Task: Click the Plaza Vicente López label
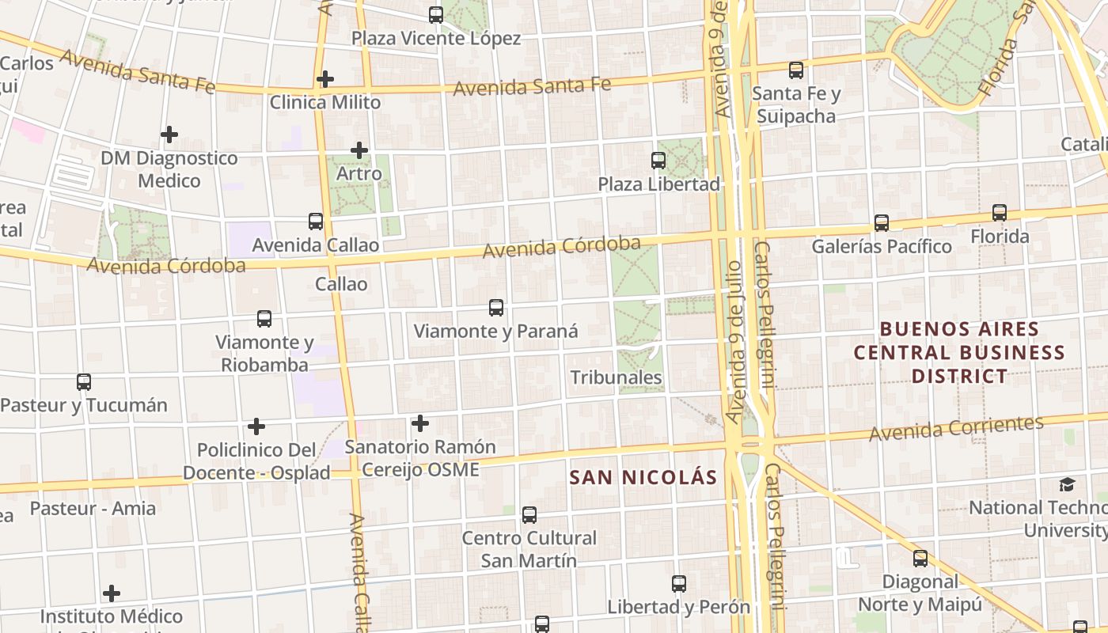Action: click(x=436, y=38)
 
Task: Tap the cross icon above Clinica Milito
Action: click(x=324, y=79)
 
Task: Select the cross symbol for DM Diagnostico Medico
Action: click(x=169, y=135)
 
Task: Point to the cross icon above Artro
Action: click(x=359, y=150)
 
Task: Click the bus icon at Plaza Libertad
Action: click(x=658, y=161)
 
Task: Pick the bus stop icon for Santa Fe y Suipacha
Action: click(x=796, y=70)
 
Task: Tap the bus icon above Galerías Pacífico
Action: click(x=882, y=223)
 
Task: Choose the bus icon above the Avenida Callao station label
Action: click(x=316, y=222)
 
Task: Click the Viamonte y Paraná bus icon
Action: click(x=496, y=308)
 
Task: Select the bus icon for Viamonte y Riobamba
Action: click(x=264, y=319)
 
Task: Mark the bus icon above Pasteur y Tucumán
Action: click(x=84, y=382)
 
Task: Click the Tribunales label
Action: click(x=617, y=377)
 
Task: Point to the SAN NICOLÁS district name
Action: click(x=643, y=477)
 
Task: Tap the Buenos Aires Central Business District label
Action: click(x=959, y=352)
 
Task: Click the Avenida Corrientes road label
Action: click(x=956, y=428)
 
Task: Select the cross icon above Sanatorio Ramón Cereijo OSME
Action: click(x=420, y=423)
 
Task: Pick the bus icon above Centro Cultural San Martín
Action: click(x=529, y=515)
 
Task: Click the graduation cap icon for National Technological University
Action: click(x=1068, y=484)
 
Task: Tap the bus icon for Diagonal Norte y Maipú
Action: click(x=920, y=559)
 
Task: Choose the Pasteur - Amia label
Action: click(x=93, y=508)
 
